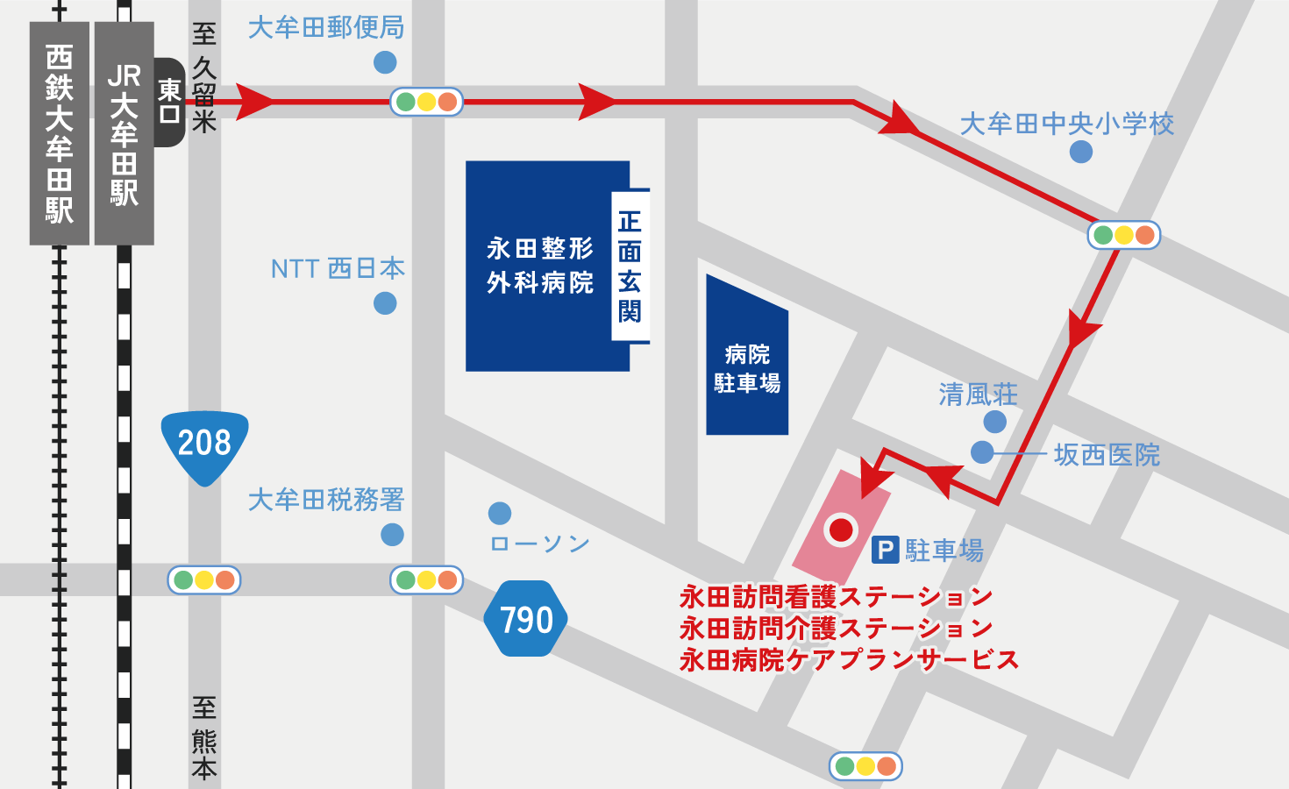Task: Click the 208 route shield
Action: (204, 444)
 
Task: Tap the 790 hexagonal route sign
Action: (525, 619)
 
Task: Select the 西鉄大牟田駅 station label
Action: (59, 133)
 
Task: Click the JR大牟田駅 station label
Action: (124, 133)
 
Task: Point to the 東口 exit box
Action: (169, 102)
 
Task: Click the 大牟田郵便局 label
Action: (326, 27)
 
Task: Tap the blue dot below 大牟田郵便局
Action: (385, 62)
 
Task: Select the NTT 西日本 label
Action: (338, 268)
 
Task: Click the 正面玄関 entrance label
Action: (630, 266)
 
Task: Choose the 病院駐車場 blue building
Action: (747, 368)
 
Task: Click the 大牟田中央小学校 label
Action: (1066, 124)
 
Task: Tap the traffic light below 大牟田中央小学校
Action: (1123, 235)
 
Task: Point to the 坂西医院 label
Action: (1107, 455)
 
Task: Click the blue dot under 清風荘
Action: (994, 422)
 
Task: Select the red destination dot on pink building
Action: (841, 529)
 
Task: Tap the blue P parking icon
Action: (885, 551)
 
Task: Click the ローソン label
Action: (540, 544)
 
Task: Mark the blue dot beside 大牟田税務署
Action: (392, 534)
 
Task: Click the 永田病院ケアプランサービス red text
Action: (849, 659)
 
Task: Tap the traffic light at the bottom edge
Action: (865, 766)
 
